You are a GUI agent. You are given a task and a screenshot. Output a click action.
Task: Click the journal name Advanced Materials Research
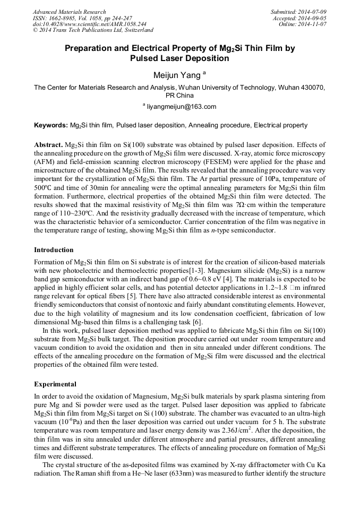point(69,12)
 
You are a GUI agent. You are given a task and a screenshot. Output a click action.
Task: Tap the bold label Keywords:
point(51,125)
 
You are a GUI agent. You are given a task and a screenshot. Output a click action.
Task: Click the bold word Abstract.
point(48,145)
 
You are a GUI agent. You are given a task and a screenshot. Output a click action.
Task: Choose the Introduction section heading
point(54,250)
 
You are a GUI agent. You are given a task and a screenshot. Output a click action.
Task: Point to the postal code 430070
point(313,88)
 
